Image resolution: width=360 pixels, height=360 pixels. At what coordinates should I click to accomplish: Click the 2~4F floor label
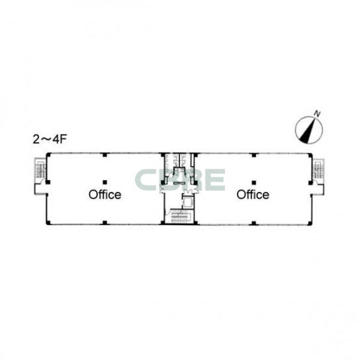point(50,140)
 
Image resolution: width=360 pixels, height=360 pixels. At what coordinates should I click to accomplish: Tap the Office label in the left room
point(105,195)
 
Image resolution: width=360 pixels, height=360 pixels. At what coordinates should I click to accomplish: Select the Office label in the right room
point(253,195)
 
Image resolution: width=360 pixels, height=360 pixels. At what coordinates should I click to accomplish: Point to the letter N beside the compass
point(318,114)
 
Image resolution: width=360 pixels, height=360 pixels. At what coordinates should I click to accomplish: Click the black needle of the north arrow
point(307,133)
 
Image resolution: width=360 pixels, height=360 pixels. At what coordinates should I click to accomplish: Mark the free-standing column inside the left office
point(105,183)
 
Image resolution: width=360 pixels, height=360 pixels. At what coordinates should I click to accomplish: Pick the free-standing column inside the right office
point(253,183)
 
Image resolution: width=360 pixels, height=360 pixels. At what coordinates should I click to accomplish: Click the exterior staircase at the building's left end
point(40,169)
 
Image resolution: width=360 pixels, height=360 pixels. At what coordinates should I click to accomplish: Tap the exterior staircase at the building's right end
point(319,169)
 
